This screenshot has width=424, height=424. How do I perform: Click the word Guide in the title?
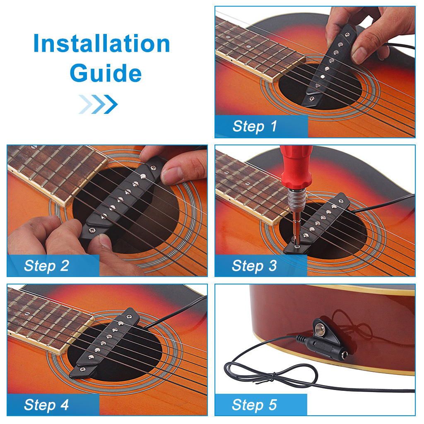[106, 73]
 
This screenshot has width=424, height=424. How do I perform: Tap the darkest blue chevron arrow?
[111, 104]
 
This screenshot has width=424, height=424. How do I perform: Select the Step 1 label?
[255, 126]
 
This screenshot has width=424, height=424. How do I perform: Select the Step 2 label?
[46, 265]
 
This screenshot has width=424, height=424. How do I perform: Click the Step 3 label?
[254, 265]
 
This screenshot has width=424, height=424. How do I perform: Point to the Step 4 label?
[46, 405]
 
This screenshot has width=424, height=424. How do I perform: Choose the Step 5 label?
[254, 405]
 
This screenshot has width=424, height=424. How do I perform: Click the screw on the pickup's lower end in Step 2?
[92, 230]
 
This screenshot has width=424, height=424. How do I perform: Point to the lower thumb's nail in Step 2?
[105, 241]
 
